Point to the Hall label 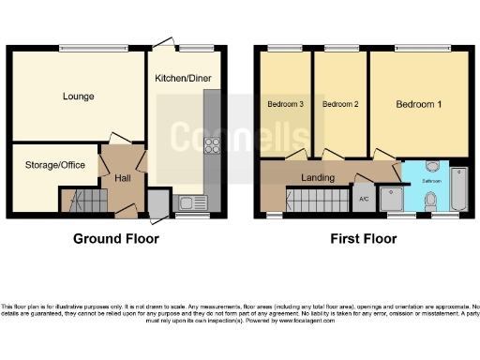(122, 177)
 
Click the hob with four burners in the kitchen (211, 146)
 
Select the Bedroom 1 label (418, 104)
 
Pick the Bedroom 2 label (340, 104)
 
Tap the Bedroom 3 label (285, 104)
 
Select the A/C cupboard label (364, 199)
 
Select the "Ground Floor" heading (116, 239)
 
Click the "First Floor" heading (363, 239)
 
